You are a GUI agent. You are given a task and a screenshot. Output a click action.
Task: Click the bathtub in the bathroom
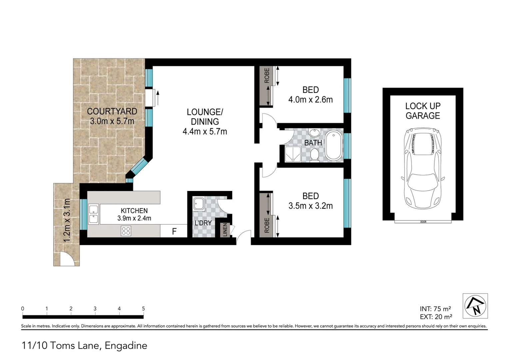(x=333, y=146)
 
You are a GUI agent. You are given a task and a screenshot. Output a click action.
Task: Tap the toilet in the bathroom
(x=314, y=155)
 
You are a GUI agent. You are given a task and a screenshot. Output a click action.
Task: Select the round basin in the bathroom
(x=314, y=133)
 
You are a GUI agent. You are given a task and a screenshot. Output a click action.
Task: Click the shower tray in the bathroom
(x=292, y=154)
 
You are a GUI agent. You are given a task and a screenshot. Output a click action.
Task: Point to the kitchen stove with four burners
(x=126, y=231)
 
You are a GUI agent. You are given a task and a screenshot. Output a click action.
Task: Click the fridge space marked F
(x=174, y=231)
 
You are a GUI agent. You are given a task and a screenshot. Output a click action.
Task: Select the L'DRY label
(x=203, y=223)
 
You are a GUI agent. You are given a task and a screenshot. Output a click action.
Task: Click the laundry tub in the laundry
(x=199, y=203)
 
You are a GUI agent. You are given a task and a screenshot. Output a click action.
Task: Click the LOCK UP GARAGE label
(x=423, y=111)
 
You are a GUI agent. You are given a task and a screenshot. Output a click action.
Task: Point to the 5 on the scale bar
(x=144, y=309)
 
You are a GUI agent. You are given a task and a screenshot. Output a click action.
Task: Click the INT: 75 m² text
(x=435, y=309)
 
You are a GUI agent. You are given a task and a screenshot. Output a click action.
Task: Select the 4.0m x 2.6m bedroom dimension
(x=310, y=100)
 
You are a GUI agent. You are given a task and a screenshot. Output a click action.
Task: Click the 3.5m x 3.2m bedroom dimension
(x=310, y=206)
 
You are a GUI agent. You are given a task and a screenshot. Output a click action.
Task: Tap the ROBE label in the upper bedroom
(x=267, y=75)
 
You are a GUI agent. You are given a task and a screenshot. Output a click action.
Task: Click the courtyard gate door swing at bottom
(x=67, y=259)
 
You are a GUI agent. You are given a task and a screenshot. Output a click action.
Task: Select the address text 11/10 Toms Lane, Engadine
(x=84, y=346)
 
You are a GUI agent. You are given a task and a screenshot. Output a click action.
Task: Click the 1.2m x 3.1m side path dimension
(x=67, y=220)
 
